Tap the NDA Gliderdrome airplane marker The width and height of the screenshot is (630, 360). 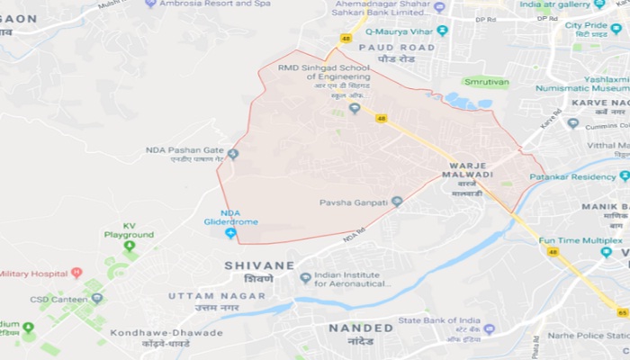click(x=230, y=234)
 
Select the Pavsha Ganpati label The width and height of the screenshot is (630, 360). click(x=354, y=202)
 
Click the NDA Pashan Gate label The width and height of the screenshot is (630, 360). click(x=184, y=149)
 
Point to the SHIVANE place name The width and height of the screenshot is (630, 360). click(x=259, y=265)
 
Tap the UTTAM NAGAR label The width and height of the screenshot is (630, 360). click(x=204, y=295)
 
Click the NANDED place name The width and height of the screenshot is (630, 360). click(x=361, y=328)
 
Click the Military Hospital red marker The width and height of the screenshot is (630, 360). click(x=76, y=272)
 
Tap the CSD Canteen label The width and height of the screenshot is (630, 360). click(x=58, y=298)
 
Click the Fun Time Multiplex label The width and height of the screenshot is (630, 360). click(x=580, y=240)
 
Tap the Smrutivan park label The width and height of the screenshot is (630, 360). click(x=486, y=81)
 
